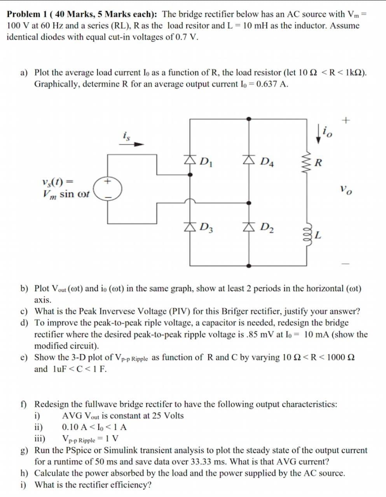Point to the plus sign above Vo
[x=346, y=121]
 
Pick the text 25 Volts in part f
[x=165, y=416]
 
